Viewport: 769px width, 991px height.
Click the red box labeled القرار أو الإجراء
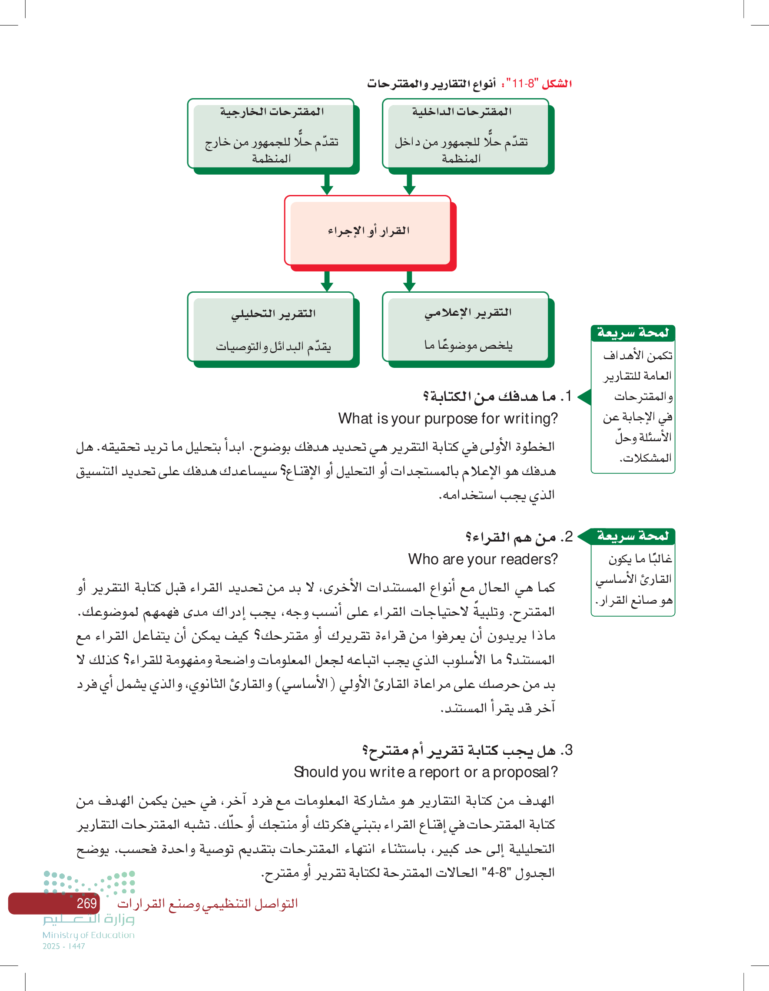(x=368, y=231)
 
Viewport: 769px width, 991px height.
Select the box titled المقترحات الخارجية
(x=271, y=134)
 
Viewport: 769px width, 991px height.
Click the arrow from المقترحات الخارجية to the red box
(x=327, y=185)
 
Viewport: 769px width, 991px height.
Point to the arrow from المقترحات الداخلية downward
(x=409, y=185)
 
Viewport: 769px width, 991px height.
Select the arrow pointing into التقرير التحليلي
(x=327, y=281)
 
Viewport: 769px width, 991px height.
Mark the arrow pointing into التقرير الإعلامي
(x=409, y=281)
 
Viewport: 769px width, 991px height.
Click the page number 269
(x=86, y=903)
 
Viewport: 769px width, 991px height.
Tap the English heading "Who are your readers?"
(x=483, y=559)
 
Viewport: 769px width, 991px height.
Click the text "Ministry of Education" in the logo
(x=89, y=935)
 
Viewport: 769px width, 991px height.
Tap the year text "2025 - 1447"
(x=64, y=946)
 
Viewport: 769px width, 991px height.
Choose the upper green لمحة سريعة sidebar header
(x=633, y=333)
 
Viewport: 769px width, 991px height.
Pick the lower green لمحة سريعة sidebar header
(x=633, y=536)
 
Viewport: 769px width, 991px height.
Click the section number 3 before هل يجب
(x=568, y=750)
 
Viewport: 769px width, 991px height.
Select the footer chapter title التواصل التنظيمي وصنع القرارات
(x=208, y=903)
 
